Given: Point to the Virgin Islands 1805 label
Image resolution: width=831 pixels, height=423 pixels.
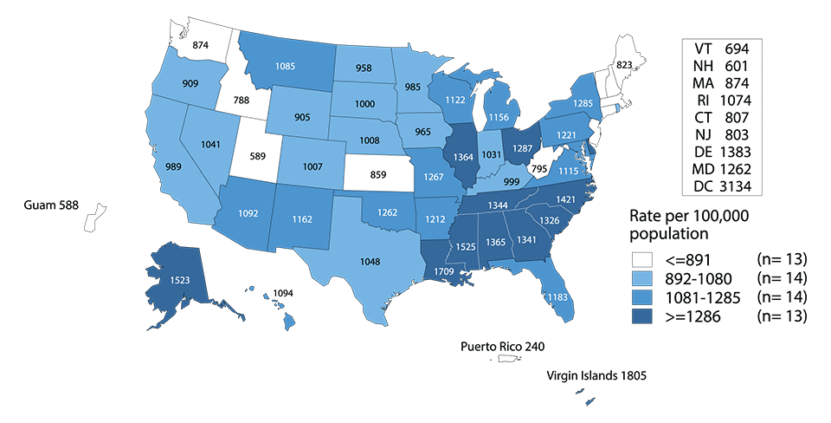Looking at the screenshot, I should click(596, 376).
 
